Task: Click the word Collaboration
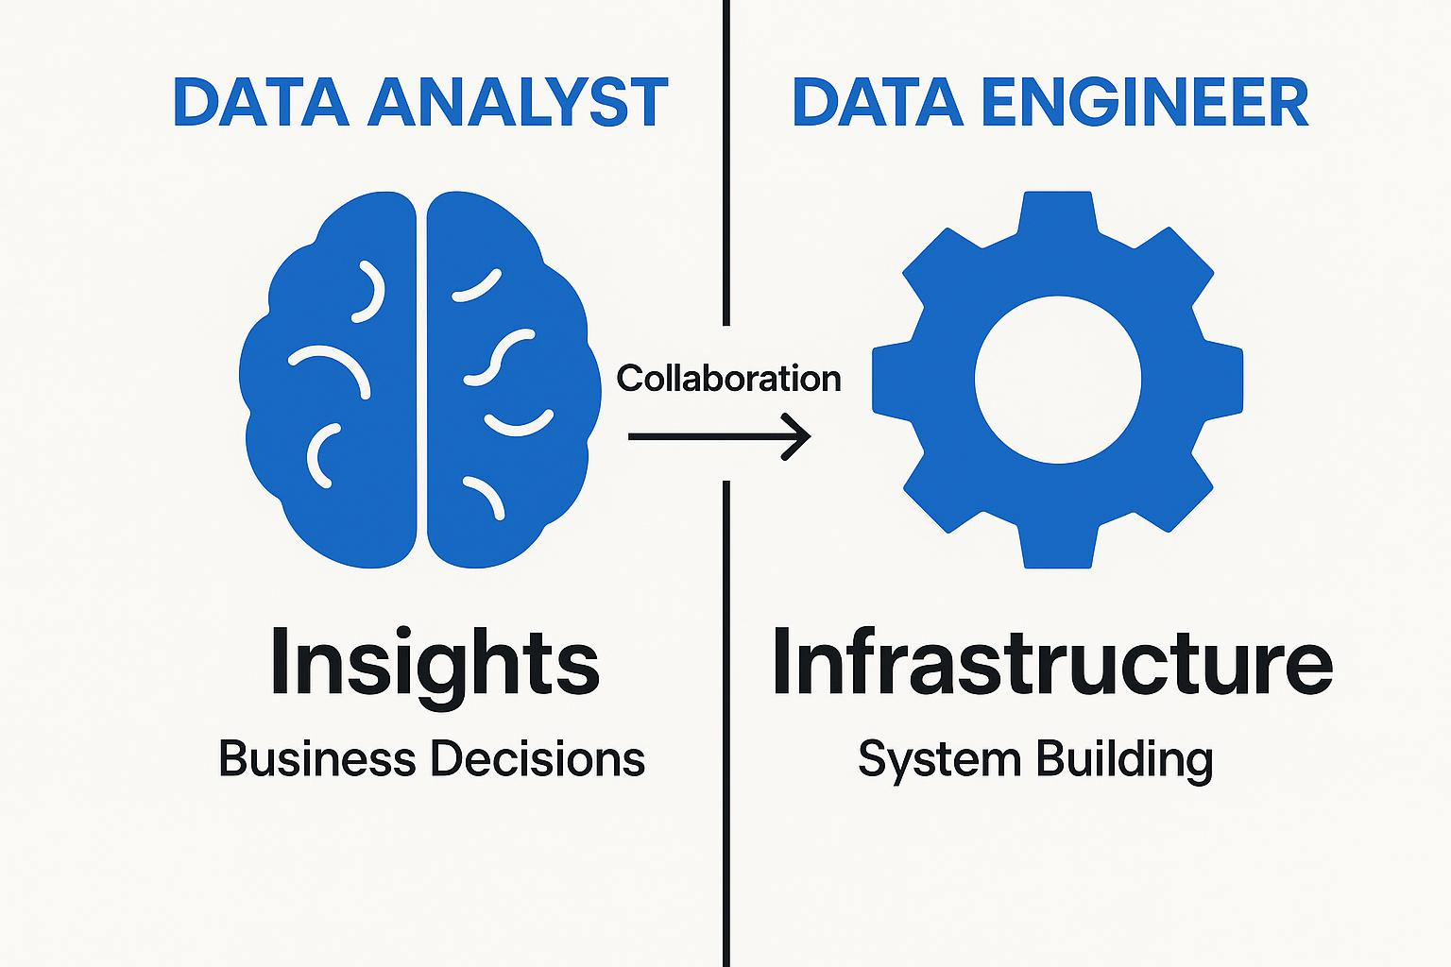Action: click(x=728, y=379)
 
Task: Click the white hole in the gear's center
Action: click(x=1057, y=380)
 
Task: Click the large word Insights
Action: click(x=434, y=662)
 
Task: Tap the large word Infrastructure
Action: click(x=1051, y=660)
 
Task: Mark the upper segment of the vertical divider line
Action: click(x=726, y=161)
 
